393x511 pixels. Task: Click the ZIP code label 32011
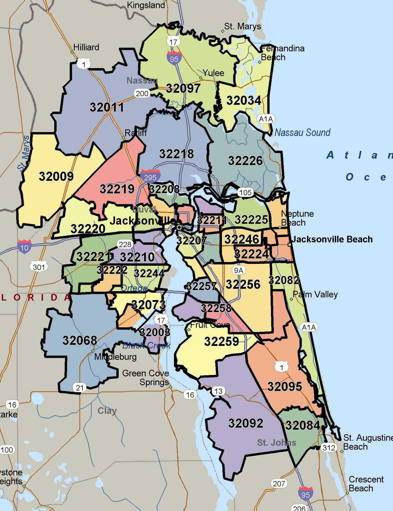tap(107, 107)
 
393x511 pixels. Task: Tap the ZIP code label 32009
tap(56, 176)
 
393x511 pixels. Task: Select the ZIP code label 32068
tap(80, 340)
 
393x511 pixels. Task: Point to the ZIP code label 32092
tap(245, 423)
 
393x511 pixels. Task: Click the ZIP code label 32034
tap(244, 101)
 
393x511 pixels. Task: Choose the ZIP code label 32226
tap(245, 161)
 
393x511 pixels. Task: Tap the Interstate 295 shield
tap(150, 176)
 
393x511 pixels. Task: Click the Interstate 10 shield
tap(24, 247)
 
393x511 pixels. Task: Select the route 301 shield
tap(39, 267)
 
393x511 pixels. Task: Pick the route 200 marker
tap(142, 93)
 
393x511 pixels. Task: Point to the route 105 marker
tap(245, 193)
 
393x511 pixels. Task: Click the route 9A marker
tap(238, 270)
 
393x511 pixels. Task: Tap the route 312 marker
tap(329, 447)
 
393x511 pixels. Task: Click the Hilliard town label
tap(86, 47)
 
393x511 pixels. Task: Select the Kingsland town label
tap(146, 5)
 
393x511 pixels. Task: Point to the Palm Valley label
tap(315, 294)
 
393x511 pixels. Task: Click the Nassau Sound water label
tap(302, 133)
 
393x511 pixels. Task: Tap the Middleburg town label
tap(115, 357)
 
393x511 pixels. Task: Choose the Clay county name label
tap(107, 411)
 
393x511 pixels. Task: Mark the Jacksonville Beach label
tap(332, 239)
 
